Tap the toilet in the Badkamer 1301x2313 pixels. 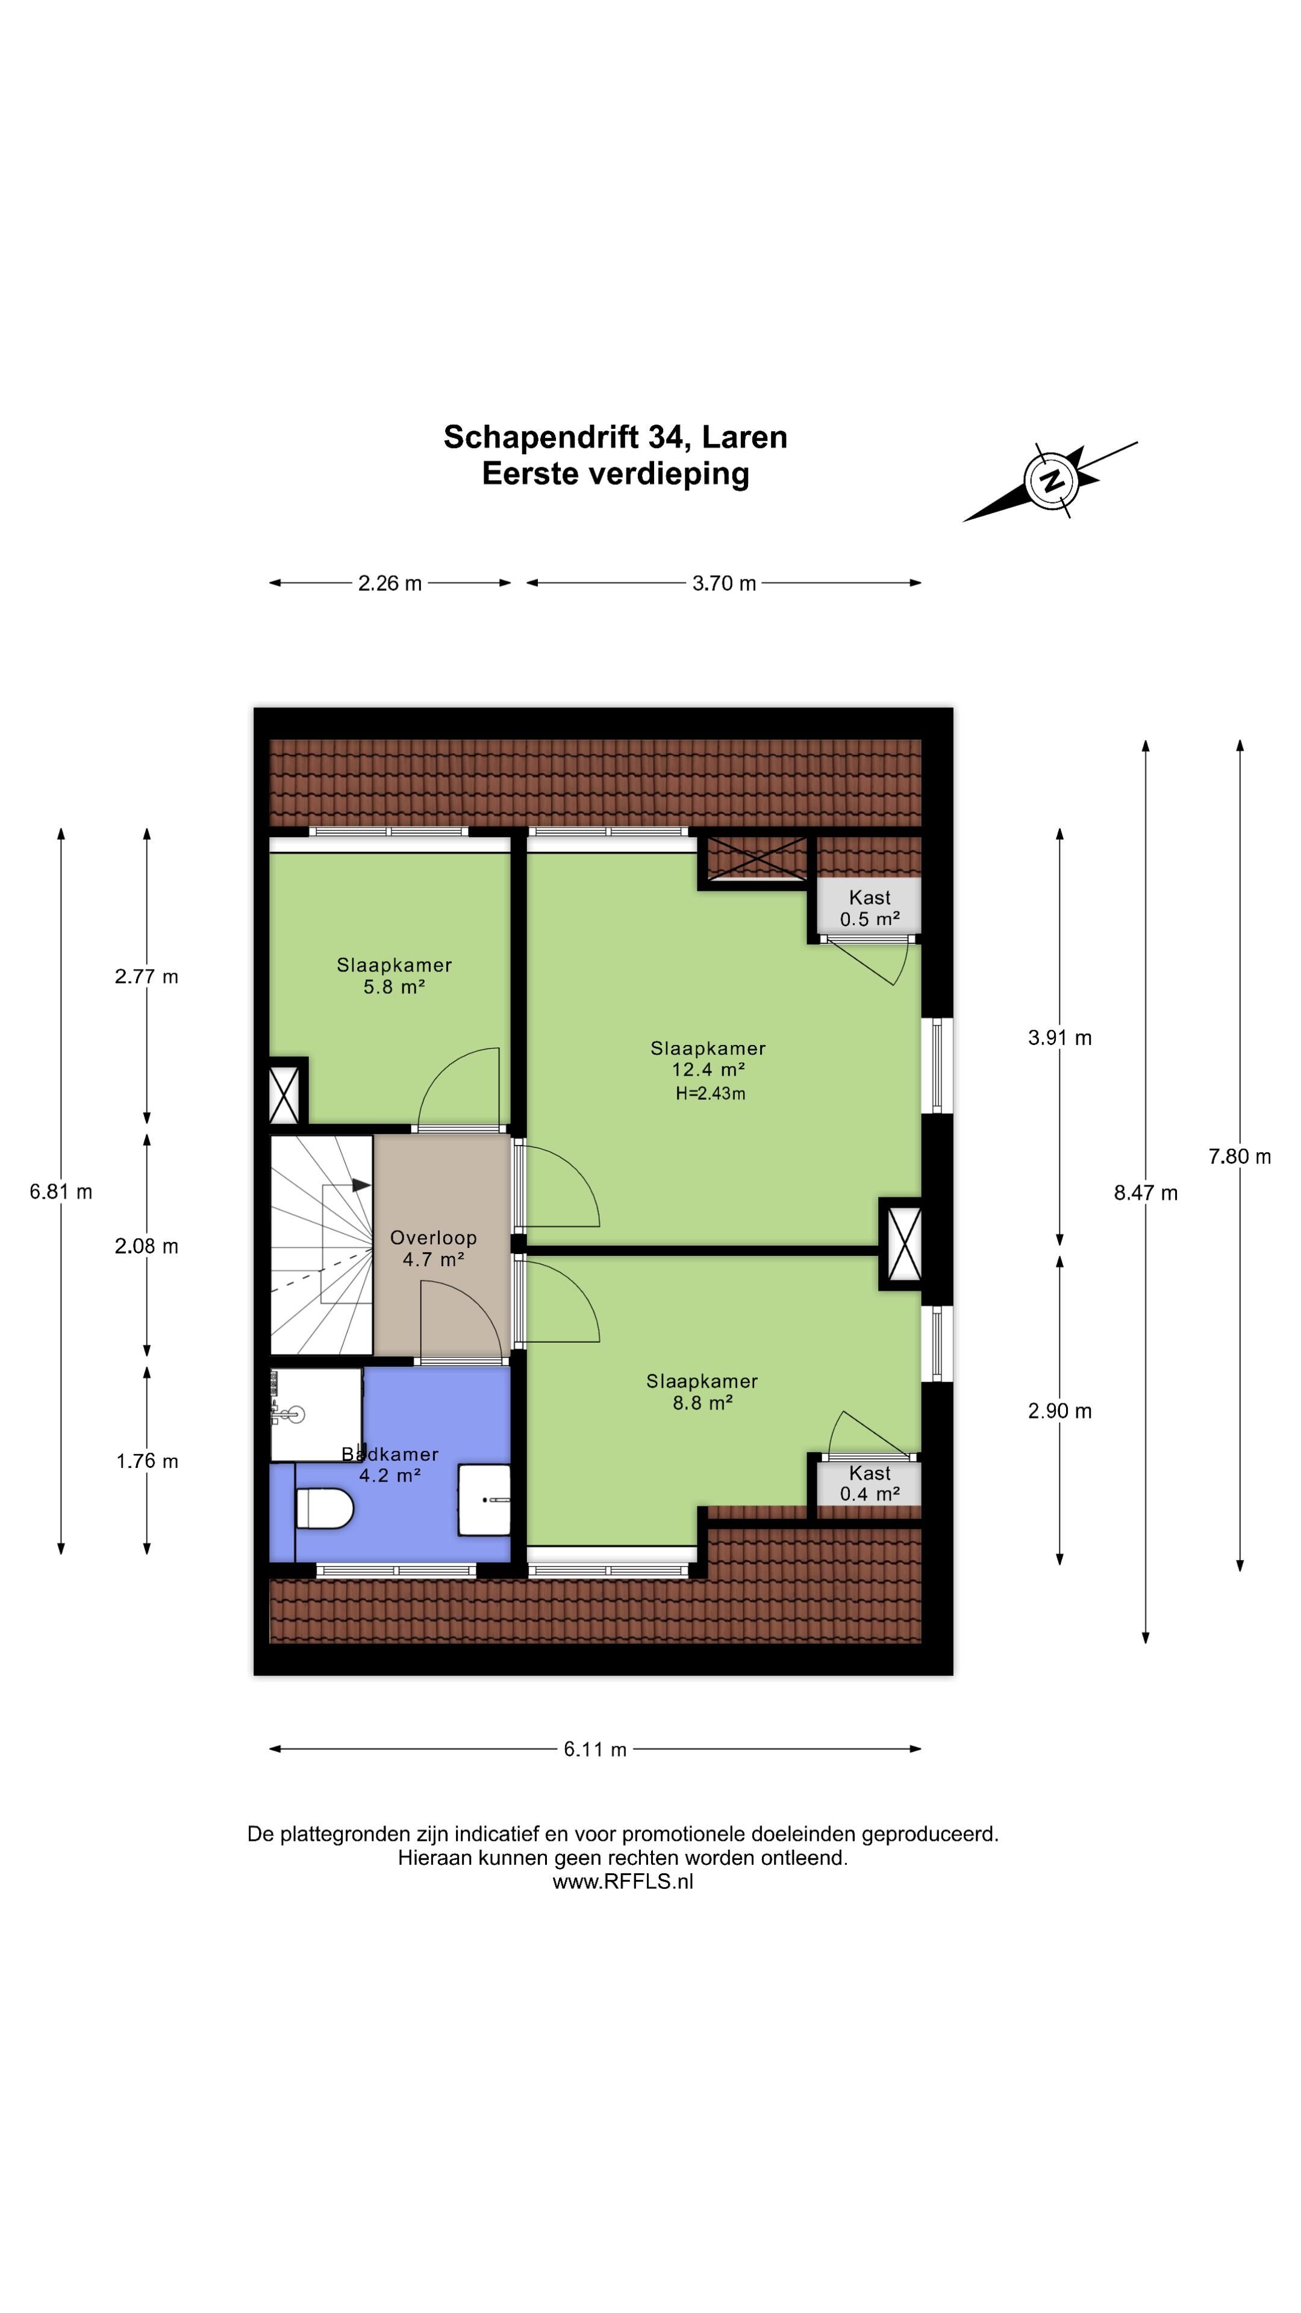click(x=324, y=1508)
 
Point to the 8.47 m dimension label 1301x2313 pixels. click(x=1146, y=1193)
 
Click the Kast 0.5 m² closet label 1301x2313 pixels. click(x=870, y=908)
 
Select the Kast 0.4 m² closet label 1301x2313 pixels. click(x=870, y=1484)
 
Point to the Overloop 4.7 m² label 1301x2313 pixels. click(x=434, y=1248)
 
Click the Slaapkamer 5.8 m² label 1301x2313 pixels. click(x=394, y=976)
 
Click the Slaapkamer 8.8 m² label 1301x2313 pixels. click(x=702, y=1392)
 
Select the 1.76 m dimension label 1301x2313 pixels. click(x=147, y=1461)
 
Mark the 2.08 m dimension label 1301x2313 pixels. click(x=146, y=1246)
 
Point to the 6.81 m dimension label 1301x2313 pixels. click(x=61, y=1191)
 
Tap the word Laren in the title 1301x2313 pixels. click(x=744, y=437)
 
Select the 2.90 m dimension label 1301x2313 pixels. click(x=1060, y=1411)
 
